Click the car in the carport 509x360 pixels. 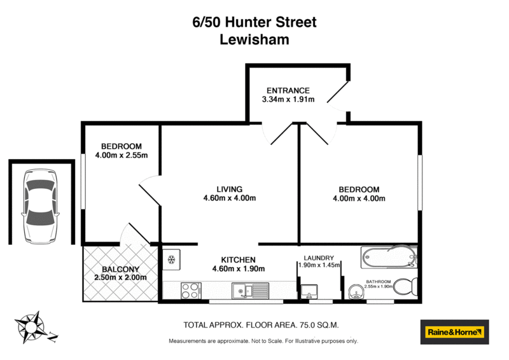coord(40,207)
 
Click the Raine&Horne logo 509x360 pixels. coord(454,331)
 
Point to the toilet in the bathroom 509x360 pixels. coord(405,286)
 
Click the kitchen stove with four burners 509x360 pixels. coord(191,291)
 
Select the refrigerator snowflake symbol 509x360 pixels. coord(171,260)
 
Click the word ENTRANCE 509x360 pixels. coord(288,90)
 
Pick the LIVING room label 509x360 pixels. coord(230,189)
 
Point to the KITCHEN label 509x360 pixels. coord(238,260)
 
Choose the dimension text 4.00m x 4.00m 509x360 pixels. coord(359,198)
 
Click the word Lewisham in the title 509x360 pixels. coord(254,39)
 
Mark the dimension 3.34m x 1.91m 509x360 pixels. coord(288,100)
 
